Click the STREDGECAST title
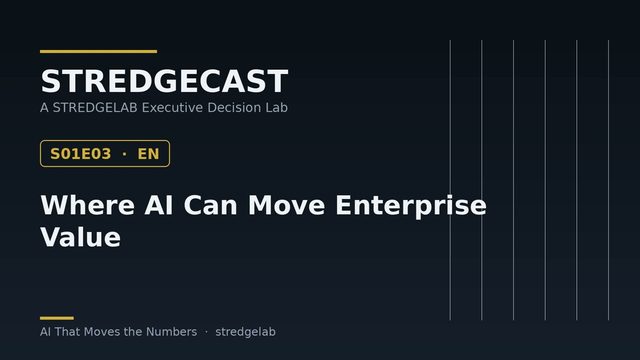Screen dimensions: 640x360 click(164, 81)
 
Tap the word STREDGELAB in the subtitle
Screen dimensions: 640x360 click(95, 107)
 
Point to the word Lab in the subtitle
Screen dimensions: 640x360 click(277, 107)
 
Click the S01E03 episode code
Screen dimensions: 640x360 click(80, 154)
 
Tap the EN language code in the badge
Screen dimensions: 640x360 click(148, 154)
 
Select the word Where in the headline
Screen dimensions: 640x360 click(87, 205)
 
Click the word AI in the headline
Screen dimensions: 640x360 click(158, 205)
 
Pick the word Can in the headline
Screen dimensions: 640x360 click(210, 205)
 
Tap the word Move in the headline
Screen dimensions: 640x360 click(287, 205)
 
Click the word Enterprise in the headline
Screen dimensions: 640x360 click(411, 206)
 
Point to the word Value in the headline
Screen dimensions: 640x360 click(80, 237)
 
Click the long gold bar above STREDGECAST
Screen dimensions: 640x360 click(98, 51)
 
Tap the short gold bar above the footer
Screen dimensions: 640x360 click(57, 318)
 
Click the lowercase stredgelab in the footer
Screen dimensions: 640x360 click(245, 332)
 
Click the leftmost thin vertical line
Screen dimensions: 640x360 click(450, 180)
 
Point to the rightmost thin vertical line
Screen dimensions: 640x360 click(608, 180)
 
